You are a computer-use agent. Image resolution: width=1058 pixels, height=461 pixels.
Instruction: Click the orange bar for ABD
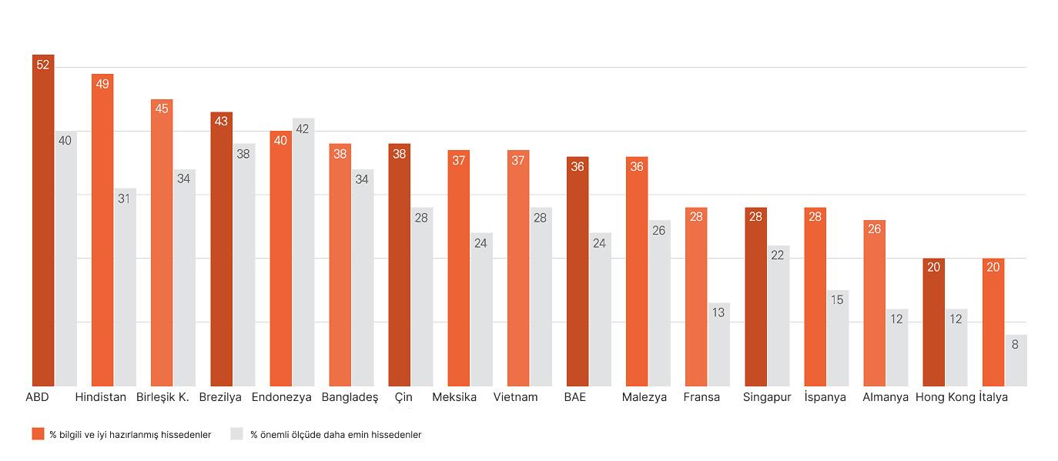pos(43,223)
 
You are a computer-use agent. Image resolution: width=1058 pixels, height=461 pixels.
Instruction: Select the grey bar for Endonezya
pos(303,254)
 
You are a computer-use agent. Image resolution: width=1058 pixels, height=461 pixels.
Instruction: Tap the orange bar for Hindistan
pos(102,231)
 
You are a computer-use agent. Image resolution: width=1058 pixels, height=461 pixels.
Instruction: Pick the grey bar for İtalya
pos(1016,362)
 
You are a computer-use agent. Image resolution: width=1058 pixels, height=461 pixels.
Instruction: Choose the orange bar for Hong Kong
pos(933,323)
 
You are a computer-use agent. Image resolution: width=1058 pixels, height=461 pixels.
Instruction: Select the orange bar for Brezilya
pos(222,250)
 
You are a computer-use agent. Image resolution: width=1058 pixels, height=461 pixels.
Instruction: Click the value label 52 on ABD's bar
pos(43,65)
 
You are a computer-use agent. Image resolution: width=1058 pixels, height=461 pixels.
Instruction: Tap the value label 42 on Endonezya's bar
pos(303,129)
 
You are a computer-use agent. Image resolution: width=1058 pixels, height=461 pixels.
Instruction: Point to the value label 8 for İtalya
pos(1015,345)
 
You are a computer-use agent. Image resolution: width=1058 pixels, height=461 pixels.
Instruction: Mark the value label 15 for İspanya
pos(837,300)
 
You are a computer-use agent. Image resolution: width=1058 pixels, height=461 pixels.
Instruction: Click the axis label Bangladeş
pos(350,398)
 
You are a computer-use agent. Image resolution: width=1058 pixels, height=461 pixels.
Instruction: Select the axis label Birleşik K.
pos(162,398)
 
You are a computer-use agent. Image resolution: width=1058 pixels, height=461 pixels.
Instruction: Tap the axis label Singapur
pos(767,398)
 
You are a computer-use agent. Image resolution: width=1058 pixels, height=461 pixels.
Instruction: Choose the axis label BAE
pos(574,398)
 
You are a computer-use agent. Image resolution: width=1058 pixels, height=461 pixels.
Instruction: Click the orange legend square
pos(38,434)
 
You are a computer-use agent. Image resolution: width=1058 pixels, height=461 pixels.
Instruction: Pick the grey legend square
pos(237,434)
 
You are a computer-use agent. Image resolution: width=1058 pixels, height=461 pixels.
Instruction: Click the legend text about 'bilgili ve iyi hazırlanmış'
pos(130,435)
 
